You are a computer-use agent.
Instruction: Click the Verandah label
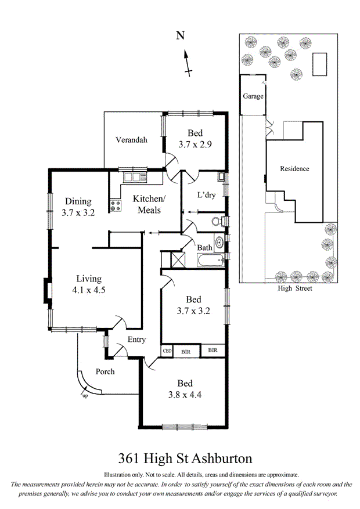point(131,140)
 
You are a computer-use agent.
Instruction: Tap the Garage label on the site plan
point(253,96)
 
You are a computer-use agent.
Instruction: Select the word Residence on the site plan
point(294,169)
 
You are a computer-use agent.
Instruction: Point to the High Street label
point(294,288)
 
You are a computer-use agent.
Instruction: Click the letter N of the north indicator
point(181,36)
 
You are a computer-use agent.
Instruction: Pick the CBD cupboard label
point(167,351)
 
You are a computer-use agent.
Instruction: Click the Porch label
point(105,371)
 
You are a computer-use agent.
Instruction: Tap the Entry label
point(136,340)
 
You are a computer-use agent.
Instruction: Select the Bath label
point(204,248)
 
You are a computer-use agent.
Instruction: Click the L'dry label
point(206,195)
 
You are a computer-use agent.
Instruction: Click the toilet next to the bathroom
point(216,222)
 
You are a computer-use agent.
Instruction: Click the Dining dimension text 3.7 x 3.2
point(78,213)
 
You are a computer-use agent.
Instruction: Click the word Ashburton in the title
point(222,459)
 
